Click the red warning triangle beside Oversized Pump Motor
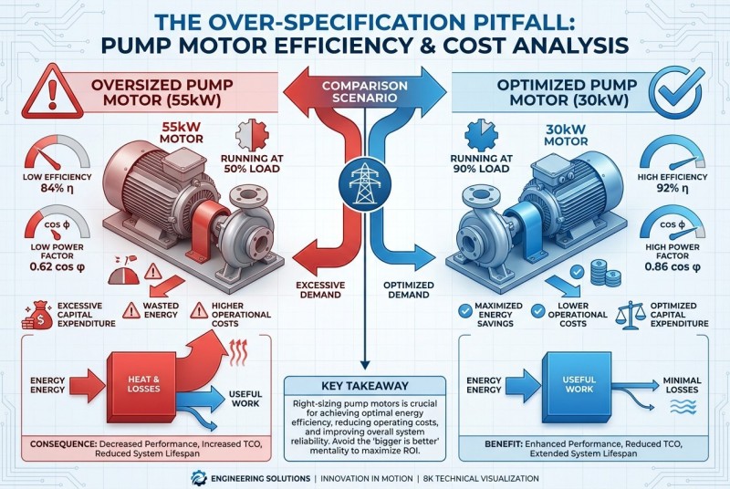point(52,92)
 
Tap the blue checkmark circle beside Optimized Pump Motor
point(676,92)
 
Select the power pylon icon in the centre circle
point(364,183)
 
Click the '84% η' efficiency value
point(57,189)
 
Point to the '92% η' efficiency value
point(672,189)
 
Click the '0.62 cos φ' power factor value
point(57,267)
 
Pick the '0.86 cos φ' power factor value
point(673,267)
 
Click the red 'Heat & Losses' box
point(142,386)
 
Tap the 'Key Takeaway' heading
point(364,386)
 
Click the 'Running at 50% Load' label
point(252,163)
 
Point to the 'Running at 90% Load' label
point(482,163)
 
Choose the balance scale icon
point(631,315)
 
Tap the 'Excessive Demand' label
point(320,290)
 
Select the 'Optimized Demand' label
point(408,290)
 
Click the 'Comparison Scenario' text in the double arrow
point(364,91)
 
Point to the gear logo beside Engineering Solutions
point(199,478)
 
